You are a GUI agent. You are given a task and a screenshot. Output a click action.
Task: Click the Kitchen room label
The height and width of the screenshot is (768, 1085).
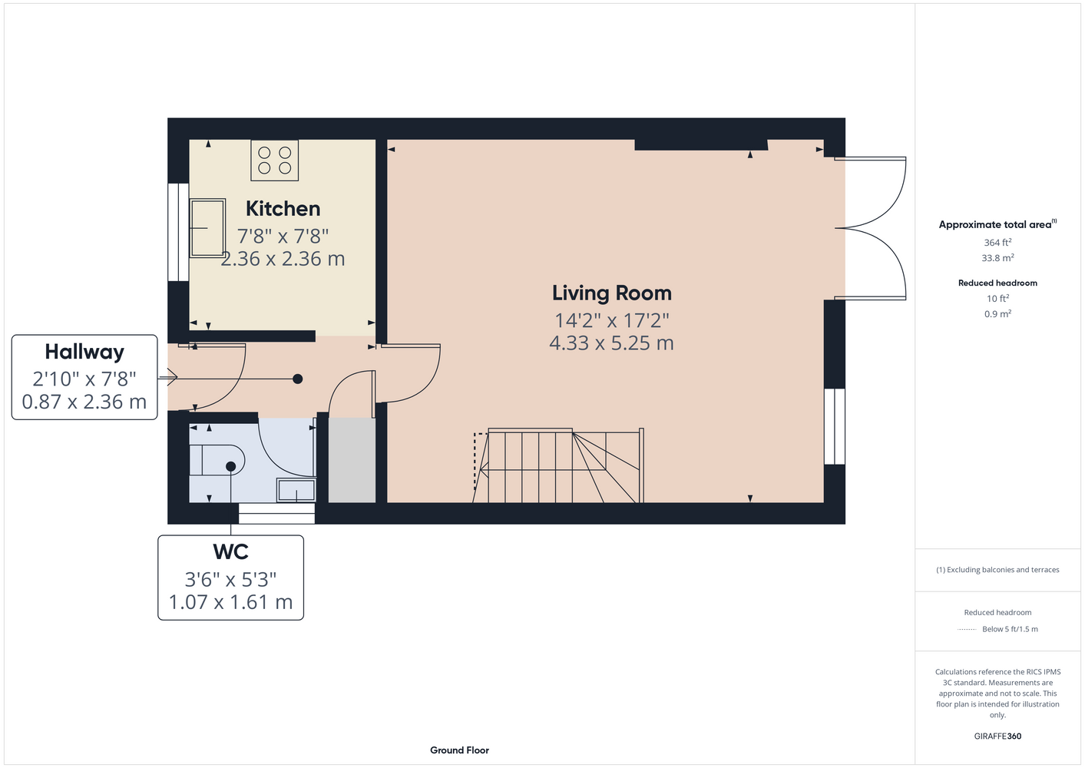283,209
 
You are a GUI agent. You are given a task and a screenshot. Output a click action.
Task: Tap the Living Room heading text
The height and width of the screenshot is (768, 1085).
612,293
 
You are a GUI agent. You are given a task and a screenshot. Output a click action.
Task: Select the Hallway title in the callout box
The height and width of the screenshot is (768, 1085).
84,352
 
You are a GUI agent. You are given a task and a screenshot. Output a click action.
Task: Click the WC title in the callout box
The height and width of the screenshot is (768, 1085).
230,552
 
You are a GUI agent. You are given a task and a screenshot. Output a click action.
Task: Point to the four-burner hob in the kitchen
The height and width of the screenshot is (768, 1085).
274,161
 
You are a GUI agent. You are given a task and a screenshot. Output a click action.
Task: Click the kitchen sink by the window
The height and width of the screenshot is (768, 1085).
207,228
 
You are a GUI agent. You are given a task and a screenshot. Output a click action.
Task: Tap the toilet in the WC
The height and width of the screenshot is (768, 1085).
217,460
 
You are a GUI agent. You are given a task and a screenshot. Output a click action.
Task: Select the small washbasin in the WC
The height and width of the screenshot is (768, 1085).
296,490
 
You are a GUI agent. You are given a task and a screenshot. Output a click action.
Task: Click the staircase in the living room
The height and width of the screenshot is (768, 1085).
559,465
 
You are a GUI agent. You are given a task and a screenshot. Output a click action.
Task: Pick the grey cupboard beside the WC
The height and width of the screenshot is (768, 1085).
352,460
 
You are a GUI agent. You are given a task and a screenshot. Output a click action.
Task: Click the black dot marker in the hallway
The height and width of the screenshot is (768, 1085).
298,379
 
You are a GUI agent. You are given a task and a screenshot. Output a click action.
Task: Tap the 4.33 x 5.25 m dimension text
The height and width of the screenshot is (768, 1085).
611,343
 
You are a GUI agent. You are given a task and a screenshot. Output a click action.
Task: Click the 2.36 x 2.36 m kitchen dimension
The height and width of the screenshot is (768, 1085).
283,259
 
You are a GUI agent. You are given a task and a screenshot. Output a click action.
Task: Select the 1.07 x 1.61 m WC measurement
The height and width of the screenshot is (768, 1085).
230,602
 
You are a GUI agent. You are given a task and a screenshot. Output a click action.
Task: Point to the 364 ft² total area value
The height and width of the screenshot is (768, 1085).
997,242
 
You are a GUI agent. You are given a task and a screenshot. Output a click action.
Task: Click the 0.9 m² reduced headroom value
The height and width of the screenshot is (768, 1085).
997,313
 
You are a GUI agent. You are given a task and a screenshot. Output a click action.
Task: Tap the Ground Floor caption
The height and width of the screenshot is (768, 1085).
459,750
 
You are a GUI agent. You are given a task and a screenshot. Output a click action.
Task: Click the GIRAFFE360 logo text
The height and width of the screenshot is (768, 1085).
997,736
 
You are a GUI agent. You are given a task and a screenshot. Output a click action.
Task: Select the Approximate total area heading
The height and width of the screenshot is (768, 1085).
997,224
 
